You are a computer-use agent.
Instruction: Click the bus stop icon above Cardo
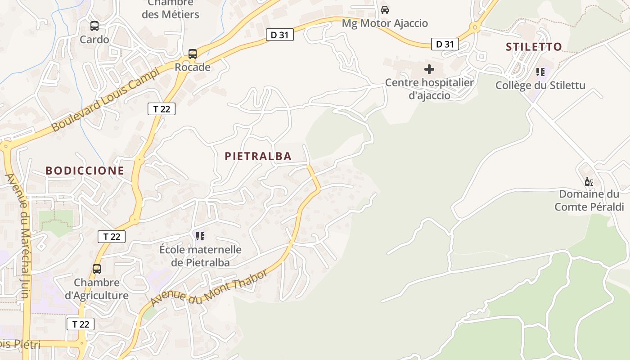[94, 26]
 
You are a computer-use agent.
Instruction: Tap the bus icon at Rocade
[192, 54]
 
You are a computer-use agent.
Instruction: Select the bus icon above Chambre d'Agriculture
[96, 269]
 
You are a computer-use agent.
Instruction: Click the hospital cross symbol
[429, 69]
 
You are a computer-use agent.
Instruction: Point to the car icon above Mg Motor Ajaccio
[385, 10]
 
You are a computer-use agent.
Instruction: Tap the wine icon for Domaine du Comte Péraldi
[588, 181]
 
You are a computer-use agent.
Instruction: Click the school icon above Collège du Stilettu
[540, 72]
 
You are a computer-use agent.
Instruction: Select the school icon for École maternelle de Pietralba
[200, 236]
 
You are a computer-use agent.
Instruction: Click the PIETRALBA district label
[258, 156]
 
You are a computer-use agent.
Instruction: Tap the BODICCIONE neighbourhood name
[85, 171]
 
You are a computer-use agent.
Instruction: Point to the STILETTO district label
[534, 47]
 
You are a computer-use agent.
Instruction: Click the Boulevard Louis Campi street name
[106, 99]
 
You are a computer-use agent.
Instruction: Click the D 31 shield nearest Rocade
[279, 35]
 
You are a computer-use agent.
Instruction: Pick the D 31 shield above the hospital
[445, 44]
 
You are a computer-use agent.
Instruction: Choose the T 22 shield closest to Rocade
[161, 108]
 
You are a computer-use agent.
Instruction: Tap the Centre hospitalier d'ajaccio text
[429, 89]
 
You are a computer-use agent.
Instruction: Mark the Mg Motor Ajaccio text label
[385, 23]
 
